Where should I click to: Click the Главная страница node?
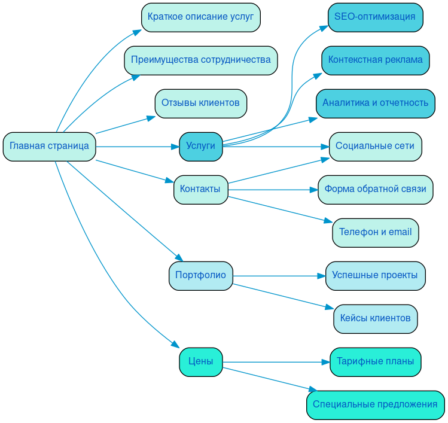[x=49, y=147]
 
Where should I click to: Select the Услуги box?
[x=200, y=147]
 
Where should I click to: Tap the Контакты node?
[x=200, y=190]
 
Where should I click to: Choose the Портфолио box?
[x=200, y=276]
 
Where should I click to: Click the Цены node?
[x=200, y=362]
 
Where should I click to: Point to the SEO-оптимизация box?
[x=375, y=17]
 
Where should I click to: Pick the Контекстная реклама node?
[x=375, y=60]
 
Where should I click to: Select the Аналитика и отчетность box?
[x=375, y=104]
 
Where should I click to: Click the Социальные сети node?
[x=375, y=147]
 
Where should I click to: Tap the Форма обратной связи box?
[x=375, y=190]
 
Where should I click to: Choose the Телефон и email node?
[x=375, y=233]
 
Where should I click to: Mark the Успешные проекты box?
[x=375, y=276]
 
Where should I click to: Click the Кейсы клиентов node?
[x=375, y=319]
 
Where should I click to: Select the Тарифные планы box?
[x=375, y=362]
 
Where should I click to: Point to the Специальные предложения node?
[x=375, y=405]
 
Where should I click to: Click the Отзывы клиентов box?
[x=200, y=104]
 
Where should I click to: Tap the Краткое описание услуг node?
[x=200, y=17]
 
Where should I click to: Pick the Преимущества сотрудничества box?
[x=200, y=60]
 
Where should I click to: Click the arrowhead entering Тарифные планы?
[x=326, y=362]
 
